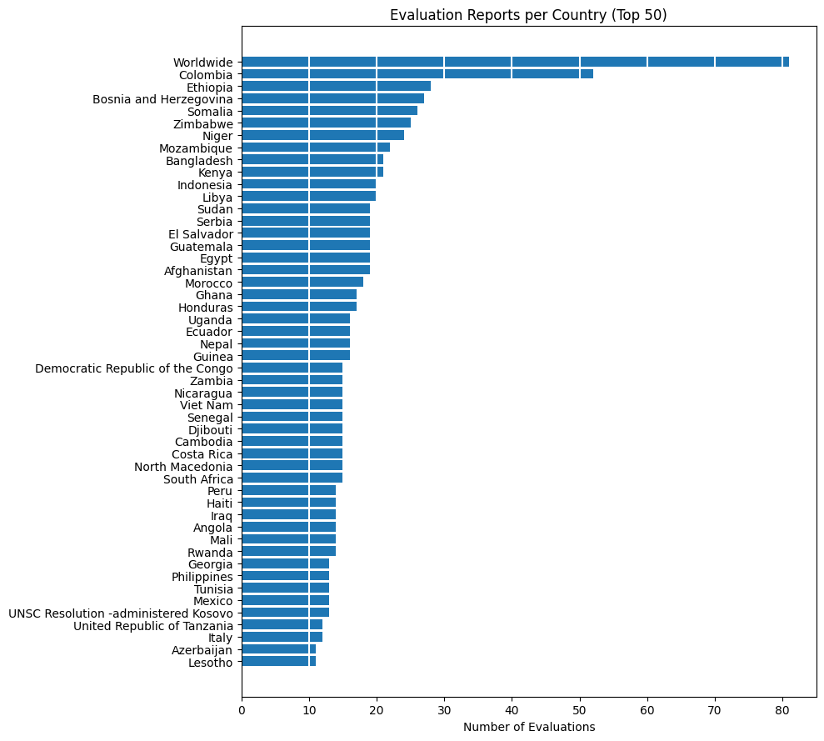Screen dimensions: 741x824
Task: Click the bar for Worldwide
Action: [515, 63]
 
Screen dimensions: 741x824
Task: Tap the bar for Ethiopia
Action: [336, 87]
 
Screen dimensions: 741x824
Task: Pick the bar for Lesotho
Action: [278, 662]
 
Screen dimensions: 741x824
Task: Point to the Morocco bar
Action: [302, 283]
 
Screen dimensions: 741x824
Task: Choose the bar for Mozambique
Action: [316, 148]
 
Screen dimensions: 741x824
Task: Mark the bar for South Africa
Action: [292, 478]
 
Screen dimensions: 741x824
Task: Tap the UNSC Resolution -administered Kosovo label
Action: [121, 613]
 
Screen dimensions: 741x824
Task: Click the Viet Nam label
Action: [206, 405]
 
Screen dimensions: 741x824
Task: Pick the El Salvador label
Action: [201, 234]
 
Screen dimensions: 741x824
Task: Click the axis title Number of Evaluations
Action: [529, 728]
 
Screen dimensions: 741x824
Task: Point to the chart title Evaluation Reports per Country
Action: [528, 15]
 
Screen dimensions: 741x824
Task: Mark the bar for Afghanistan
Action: [306, 270]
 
